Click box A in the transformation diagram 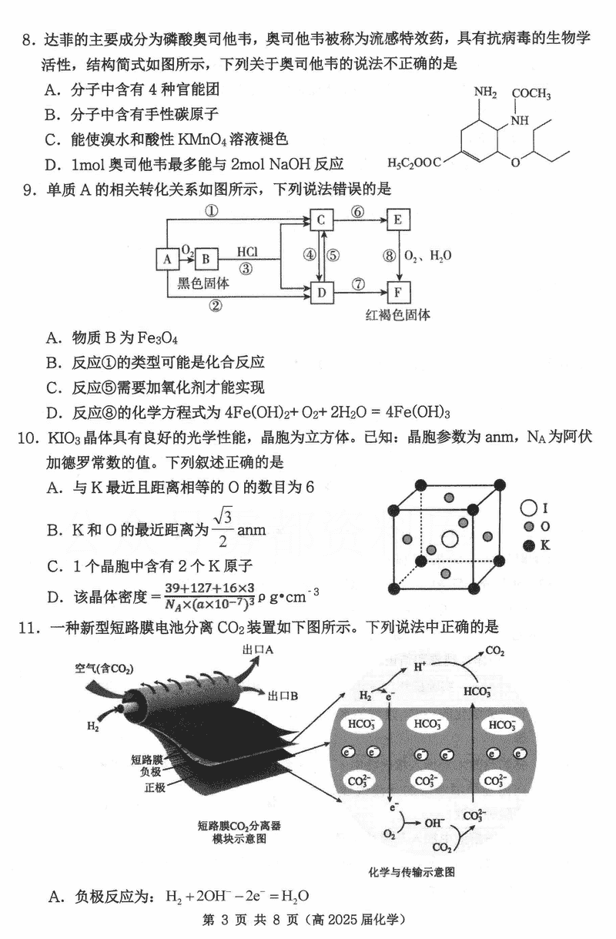[166, 259]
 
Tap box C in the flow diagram [322, 220]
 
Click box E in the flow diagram [398, 220]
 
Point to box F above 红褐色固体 [398, 293]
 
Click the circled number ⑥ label [357, 212]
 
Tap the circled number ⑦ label [357, 283]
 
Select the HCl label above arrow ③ [246, 252]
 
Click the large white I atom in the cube [448, 538]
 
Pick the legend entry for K [537, 545]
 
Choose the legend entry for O [537, 527]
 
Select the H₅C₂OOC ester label [414, 163]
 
